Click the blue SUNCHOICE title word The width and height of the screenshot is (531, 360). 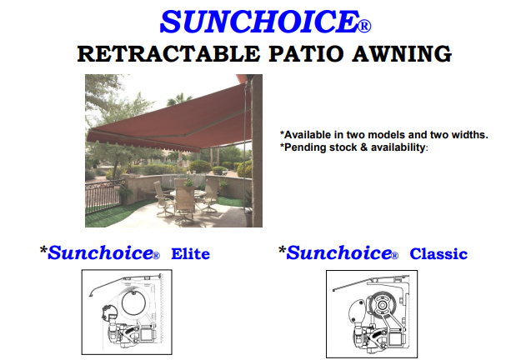(259, 22)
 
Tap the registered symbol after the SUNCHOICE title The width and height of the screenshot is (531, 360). (364, 26)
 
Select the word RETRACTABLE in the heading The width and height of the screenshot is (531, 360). (168, 54)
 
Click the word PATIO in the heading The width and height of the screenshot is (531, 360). (306, 54)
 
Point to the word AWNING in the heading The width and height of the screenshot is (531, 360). (402, 54)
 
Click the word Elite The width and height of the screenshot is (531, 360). (190, 254)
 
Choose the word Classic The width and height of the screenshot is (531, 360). (438, 254)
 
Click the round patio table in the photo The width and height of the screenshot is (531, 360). (188, 193)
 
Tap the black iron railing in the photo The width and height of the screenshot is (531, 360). (103, 197)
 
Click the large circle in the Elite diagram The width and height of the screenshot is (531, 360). (133, 302)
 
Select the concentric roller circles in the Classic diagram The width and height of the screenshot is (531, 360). (382, 304)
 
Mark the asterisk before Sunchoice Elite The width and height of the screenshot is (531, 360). (43, 251)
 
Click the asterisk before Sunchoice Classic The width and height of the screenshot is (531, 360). (282, 251)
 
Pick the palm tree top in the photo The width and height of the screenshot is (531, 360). (179, 98)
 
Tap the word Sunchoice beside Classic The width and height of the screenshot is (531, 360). (339, 253)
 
